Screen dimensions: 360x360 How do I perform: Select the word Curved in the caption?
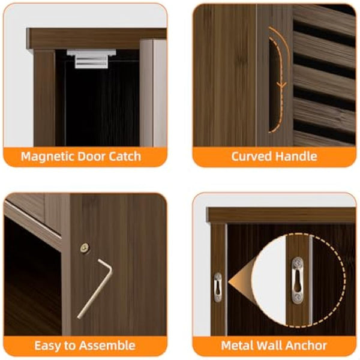[251, 157]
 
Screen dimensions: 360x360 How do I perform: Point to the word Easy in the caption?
[47, 346]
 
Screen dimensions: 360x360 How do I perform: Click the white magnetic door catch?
[88, 58]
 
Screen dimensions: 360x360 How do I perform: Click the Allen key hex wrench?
[95, 287]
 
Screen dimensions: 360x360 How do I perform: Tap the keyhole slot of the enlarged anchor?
[297, 278]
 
